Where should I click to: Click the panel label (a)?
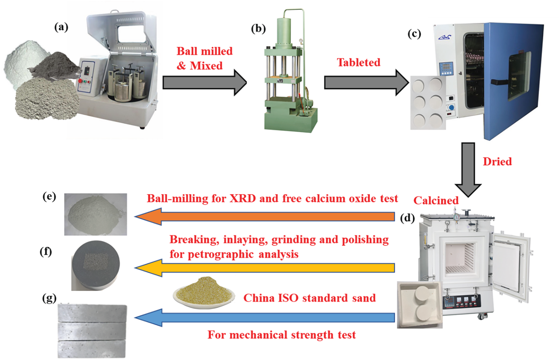[61, 27]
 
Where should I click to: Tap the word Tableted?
[359, 62]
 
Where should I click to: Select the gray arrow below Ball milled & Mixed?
[205, 83]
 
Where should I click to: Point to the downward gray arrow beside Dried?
[468, 170]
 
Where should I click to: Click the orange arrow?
[265, 216]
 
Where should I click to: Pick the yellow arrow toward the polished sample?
[265, 268]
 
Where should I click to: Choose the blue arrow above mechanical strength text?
[265, 318]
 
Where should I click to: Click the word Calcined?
[436, 200]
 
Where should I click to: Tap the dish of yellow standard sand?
[204, 293]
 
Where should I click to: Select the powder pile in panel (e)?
[96, 214]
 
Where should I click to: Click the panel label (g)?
[49, 298]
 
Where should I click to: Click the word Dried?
[497, 162]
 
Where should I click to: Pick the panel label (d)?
[407, 218]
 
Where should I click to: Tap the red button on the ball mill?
[80, 81]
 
